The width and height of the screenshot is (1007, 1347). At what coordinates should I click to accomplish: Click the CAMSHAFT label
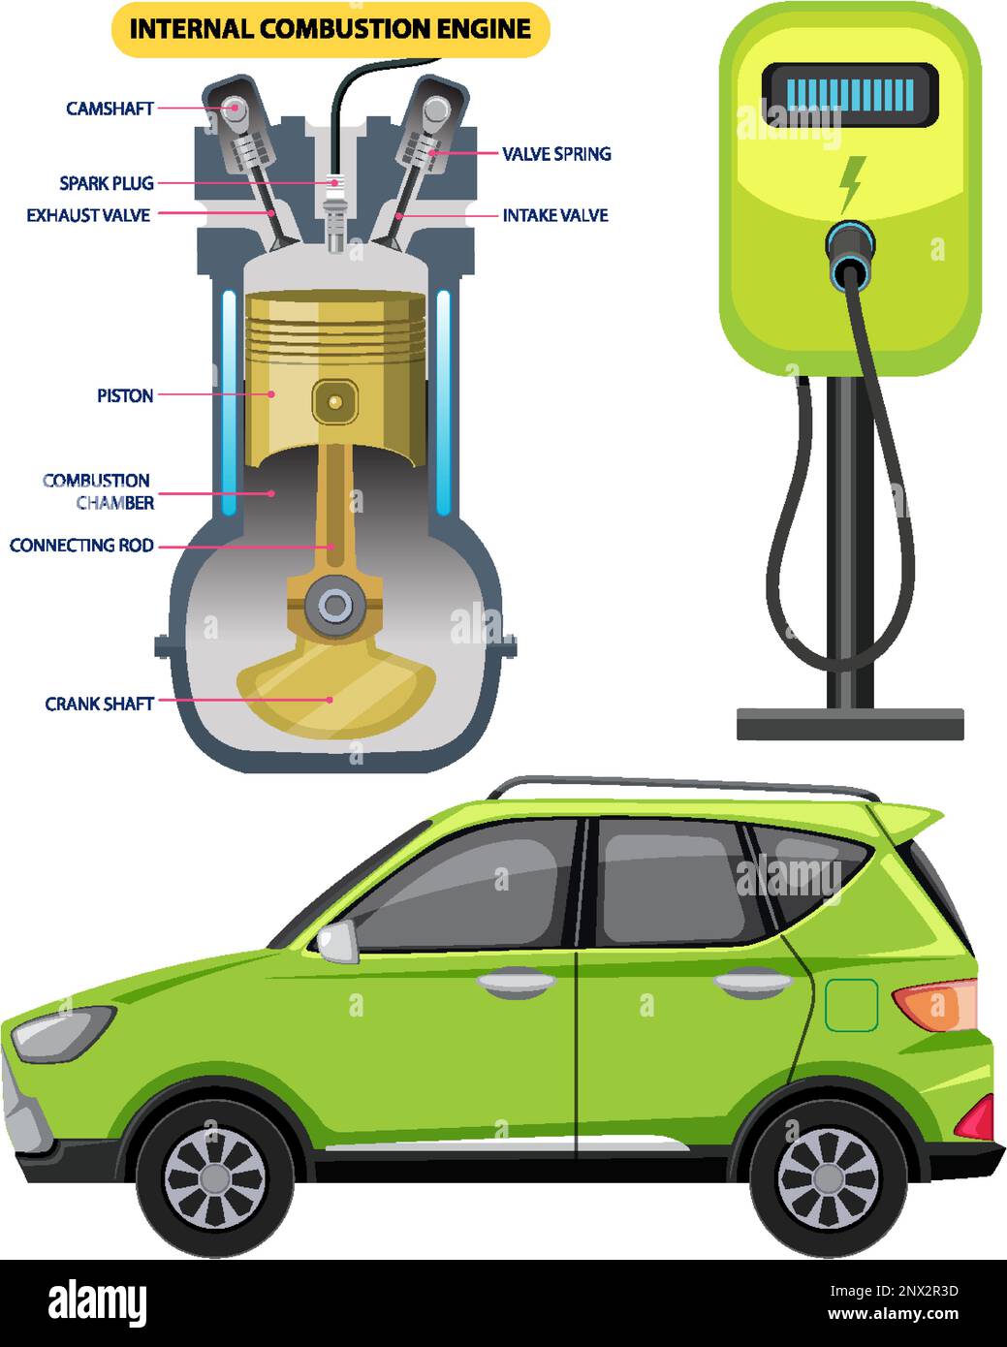pyautogui.click(x=110, y=109)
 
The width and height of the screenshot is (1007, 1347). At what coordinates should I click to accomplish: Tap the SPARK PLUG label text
pyautogui.click(x=107, y=183)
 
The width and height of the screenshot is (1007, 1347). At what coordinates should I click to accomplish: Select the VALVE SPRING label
pyautogui.click(x=556, y=153)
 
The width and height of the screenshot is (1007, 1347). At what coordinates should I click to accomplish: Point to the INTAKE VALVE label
pyautogui.click(x=555, y=215)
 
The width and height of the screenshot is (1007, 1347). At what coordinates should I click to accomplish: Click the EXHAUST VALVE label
pyautogui.click(x=88, y=215)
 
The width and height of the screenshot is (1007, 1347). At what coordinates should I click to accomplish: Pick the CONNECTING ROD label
pyautogui.click(x=82, y=546)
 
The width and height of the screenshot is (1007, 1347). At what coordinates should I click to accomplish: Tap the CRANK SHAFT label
pyautogui.click(x=100, y=704)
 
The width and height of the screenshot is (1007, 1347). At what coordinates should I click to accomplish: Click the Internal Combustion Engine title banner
pyautogui.click(x=330, y=29)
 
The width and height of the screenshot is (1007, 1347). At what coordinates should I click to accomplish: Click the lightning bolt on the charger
pyautogui.click(x=851, y=182)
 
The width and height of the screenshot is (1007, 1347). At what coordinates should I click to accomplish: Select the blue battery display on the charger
pyautogui.click(x=850, y=95)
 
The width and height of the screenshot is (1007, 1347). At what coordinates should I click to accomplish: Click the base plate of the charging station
pyautogui.click(x=850, y=724)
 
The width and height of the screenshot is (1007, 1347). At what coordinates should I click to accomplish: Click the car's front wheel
pyautogui.click(x=214, y=1178)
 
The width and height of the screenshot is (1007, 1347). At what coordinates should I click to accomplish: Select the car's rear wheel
pyautogui.click(x=828, y=1178)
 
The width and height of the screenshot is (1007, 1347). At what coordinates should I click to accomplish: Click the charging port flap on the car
pyautogui.click(x=851, y=1005)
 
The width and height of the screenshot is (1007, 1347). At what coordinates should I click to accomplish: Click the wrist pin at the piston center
pyautogui.click(x=335, y=400)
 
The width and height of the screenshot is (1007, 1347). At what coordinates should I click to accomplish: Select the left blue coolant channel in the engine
pyautogui.click(x=229, y=402)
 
